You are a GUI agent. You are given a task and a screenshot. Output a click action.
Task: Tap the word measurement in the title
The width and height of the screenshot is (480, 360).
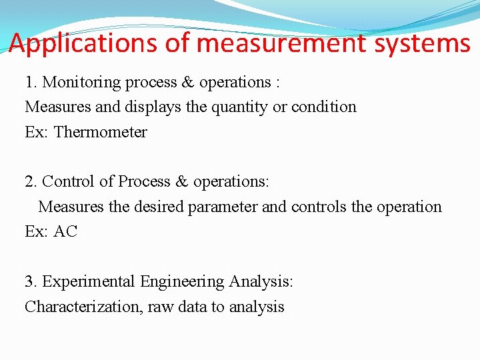point(283,44)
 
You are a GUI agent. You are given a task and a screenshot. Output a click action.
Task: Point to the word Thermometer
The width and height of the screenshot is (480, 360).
point(100,132)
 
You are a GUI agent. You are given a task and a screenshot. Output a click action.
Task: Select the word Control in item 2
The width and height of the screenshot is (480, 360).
point(69,181)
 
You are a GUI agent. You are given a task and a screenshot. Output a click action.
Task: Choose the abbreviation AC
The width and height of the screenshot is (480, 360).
point(65,232)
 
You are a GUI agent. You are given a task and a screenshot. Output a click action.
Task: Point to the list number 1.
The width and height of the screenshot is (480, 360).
point(30,82)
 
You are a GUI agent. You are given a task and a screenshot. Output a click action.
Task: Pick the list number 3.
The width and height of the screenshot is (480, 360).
point(30,282)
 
